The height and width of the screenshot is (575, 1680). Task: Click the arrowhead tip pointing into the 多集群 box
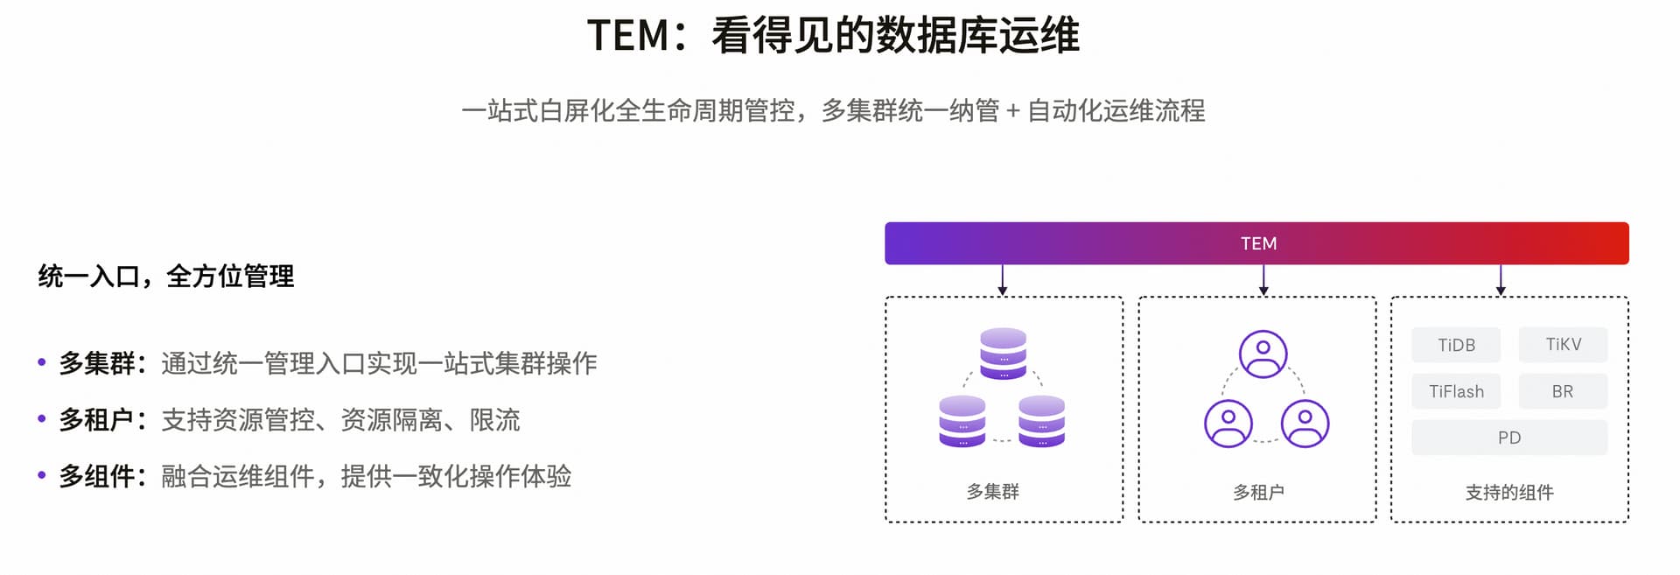(x=1003, y=296)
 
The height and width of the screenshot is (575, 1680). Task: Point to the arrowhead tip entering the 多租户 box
(x=1263, y=296)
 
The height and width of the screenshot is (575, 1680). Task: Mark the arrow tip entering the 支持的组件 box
(x=1501, y=296)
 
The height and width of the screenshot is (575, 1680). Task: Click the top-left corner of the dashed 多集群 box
(x=886, y=298)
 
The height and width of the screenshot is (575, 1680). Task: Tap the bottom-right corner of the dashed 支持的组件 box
(x=1628, y=522)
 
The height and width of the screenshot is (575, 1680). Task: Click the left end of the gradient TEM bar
(x=885, y=243)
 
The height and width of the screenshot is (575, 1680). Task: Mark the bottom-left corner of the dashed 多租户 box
(x=1139, y=522)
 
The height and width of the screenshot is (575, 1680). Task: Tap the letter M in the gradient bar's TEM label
(x=1270, y=243)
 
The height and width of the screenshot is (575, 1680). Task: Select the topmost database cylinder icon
(x=1003, y=354)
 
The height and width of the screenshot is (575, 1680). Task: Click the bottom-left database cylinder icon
(x=962, y=421)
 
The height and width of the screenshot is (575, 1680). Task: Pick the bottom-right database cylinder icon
(x=1042, y=421)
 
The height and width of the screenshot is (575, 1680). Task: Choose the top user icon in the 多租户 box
(x=1263, y=354)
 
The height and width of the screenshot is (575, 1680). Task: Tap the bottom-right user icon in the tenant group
(x=1305, y=424)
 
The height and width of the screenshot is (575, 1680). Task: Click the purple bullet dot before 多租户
(x=42, y=418)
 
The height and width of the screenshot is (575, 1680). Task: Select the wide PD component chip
(x=1509, y=438)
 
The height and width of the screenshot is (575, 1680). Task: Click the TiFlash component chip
(x=1456, y=391)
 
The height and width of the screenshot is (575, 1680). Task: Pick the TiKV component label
(x=1564, y=344)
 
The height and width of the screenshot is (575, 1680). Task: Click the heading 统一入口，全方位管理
(x=166, y=277)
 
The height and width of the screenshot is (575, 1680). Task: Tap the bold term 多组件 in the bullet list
(x=96, y=476)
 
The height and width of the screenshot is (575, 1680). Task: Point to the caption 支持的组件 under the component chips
(x=1509, y=492)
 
